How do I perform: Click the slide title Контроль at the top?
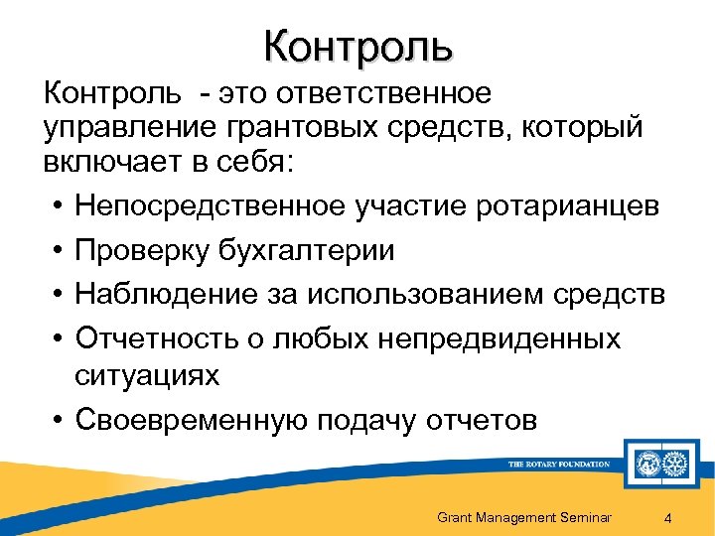point(358,46)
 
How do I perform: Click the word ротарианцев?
point(559,206)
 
